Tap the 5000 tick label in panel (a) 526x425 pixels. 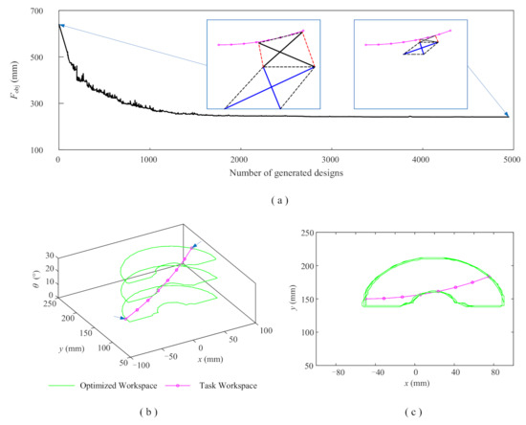511,160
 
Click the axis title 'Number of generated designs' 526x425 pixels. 285,173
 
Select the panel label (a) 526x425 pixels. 285,200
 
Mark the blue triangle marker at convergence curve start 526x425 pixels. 61,26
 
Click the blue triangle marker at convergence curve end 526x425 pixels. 507,117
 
